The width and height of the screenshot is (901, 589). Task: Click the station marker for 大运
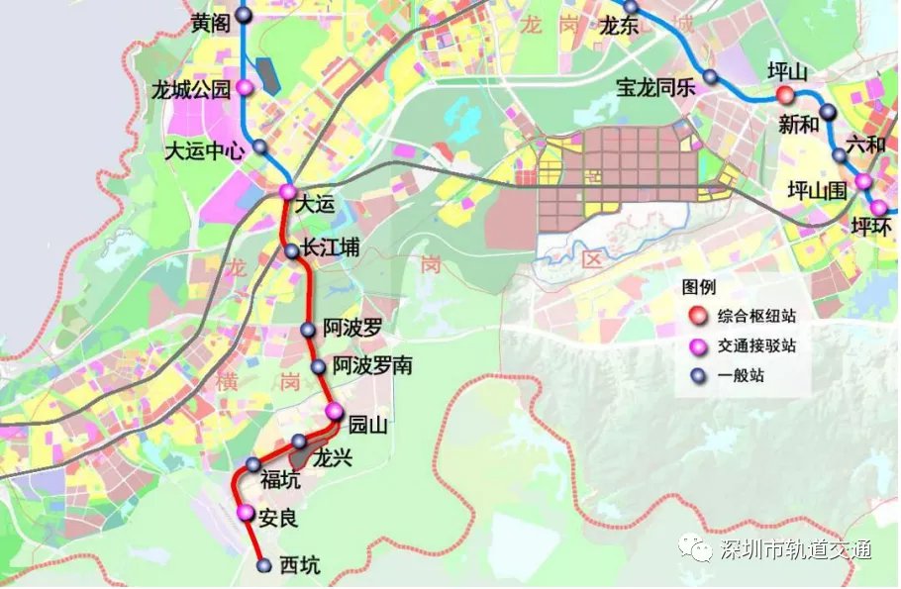(x=287, y=191)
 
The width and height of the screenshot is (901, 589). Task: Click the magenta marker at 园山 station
(x=335, y=412)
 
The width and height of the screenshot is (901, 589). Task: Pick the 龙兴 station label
(x=333, y=457)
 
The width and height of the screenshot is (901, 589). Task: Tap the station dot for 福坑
(x=253, y=465)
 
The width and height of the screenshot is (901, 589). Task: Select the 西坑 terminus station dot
(x=264, y=565)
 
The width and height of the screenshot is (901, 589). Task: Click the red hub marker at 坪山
(x=784, y=96)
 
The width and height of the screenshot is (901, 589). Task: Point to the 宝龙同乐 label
(x=656, y=86)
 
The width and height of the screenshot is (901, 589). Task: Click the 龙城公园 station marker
(x=245, y=87)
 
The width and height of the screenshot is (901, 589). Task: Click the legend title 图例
(x=698, y=288)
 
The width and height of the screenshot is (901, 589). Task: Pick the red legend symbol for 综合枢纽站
(x=699, y=317)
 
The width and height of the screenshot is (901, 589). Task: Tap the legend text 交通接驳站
(x=757, y=346)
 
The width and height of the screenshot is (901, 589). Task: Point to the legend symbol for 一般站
(x=699, y=375)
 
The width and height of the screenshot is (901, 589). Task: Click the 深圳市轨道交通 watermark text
(x=797, y=550)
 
